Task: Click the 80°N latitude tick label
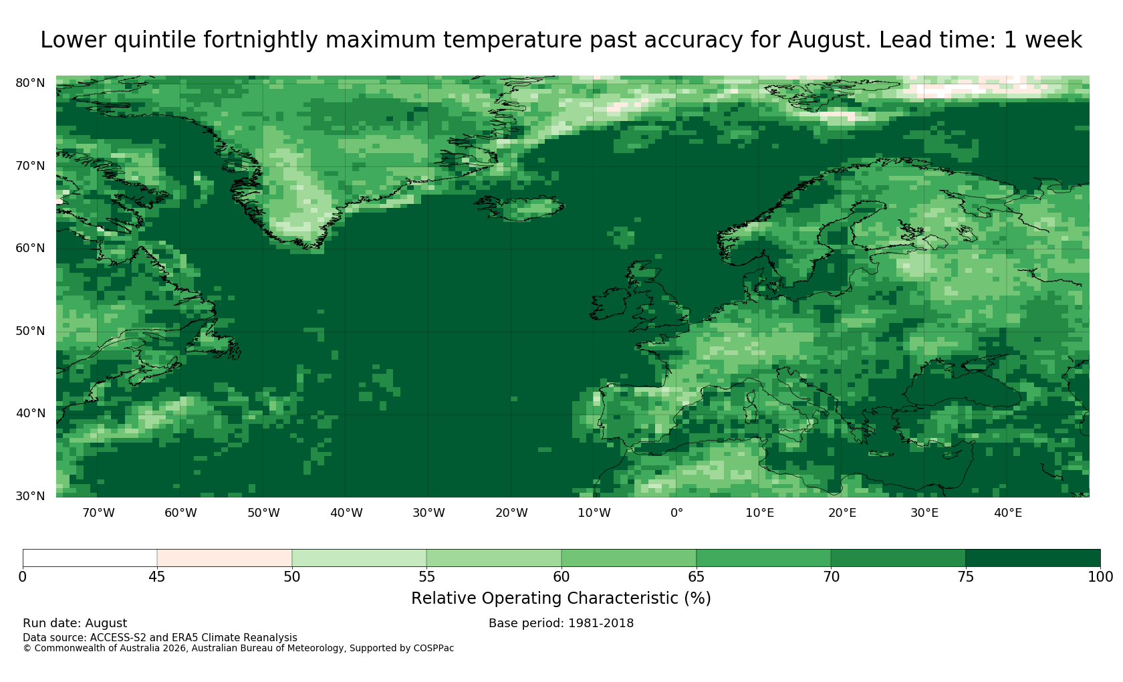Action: pos(30,83)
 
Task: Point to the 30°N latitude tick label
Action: pos(30,496)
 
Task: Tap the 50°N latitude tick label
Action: pos(30,331)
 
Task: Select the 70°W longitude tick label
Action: pos(99,512)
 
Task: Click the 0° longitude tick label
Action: pos(676,512)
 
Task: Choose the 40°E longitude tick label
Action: pos(1008,512)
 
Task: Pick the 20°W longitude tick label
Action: pos(512,512)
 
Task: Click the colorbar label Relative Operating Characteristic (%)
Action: pos(561,598)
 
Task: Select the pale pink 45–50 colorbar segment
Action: pos(225,558)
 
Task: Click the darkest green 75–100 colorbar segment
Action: pos(1033,558)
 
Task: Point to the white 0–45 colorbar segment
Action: pos(90,558)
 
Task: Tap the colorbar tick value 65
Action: pos(696,577)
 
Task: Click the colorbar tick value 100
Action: pos(1100,577)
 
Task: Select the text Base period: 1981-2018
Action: pos(561,623)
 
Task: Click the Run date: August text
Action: pos(75,623)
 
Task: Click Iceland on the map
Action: pos(521,207)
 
